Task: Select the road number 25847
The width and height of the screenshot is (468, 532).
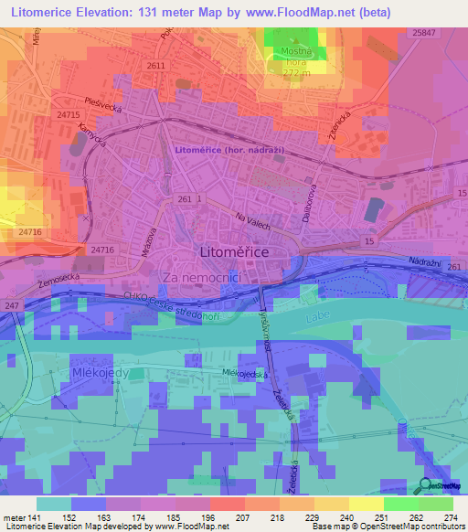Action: [423, 33]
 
